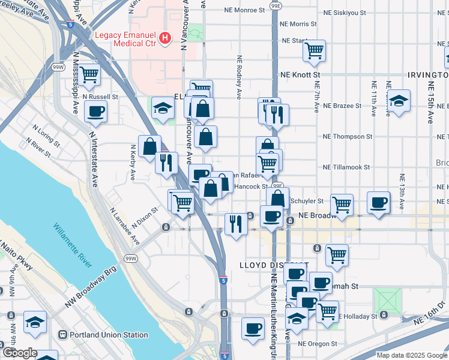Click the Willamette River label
tap(72, 246)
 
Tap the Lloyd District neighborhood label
tap(274, 265)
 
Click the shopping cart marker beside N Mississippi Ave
tap(89, 74)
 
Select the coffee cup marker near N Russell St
tap(97, 110)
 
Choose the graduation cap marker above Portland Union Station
tap(35, 322)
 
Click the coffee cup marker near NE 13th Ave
tap(378, 202)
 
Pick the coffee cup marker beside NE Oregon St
tap(253, 328)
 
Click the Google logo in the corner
tap(19, 353)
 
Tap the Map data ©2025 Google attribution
tap(411, 355)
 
